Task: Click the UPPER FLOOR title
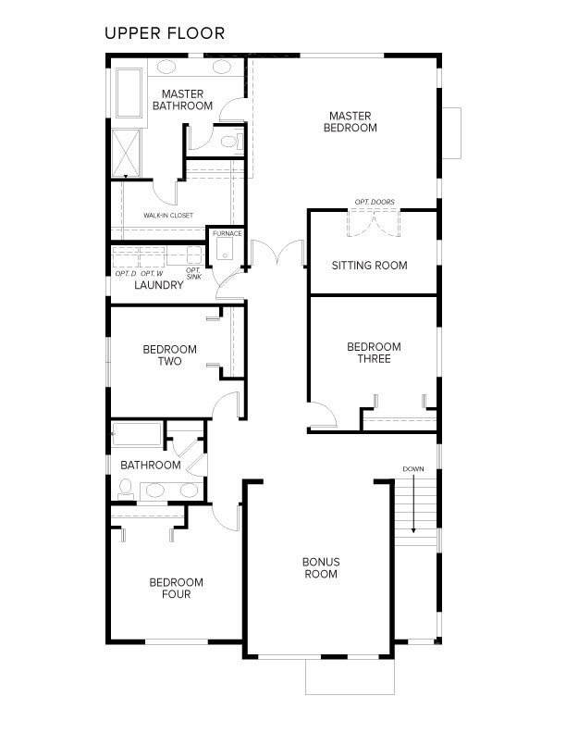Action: click(164, 34)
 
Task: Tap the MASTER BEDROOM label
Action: click(350, 122)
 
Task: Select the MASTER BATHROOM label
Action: click(182, 100)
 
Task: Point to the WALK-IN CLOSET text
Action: click(168, 216)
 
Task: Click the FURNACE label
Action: click(227, 233)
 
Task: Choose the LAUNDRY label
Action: click(158, 285)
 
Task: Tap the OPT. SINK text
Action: click(193, 273)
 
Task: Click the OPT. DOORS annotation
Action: click(374, 202)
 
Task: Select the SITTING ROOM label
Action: click(369, 266)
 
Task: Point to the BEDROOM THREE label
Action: click(374, 353)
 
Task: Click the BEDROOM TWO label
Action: click(169, 355)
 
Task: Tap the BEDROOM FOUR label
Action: click(176, 588)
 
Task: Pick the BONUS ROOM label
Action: click(321, 568)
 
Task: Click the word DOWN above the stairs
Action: click(413, 469)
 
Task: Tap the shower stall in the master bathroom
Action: click(125, 153)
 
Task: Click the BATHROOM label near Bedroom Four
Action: click(150, 465)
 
